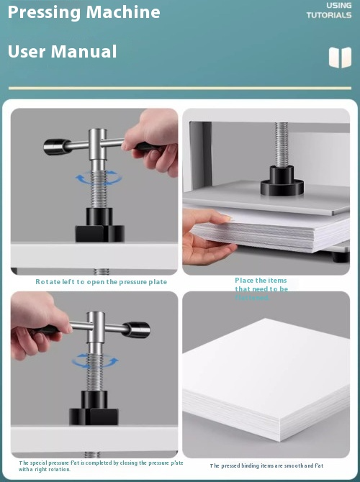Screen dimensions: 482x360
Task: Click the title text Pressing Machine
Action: coord(84,12)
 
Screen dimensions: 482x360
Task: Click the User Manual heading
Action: coord(62,52)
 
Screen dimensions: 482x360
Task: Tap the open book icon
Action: coord(340,58)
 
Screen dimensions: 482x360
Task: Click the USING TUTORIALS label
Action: coord(329,10)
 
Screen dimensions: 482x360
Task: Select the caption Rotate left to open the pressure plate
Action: coord(101,282)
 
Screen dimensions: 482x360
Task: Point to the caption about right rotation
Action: coord(101,466)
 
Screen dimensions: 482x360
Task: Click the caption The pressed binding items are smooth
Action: coord(266,466)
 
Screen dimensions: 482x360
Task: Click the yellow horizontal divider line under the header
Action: coord(180,88)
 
